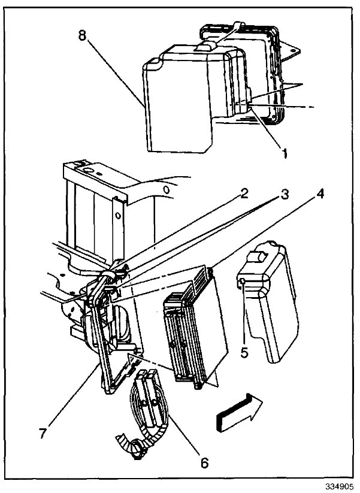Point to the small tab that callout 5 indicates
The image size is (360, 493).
241,281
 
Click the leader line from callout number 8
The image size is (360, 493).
114,69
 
